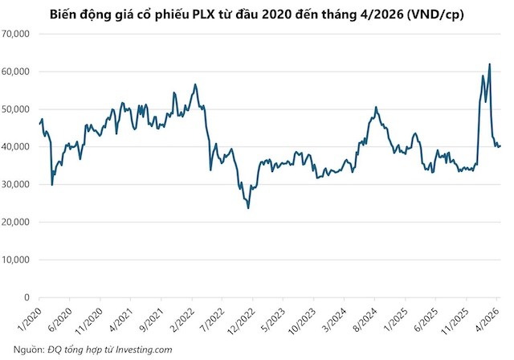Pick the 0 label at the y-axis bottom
[27, 297]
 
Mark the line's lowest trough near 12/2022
[248, 208]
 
